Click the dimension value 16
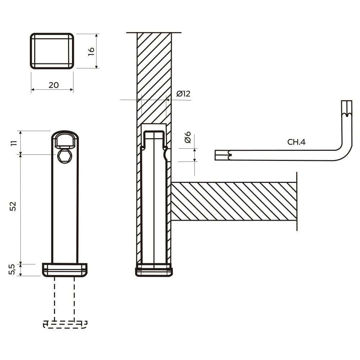[91, 51]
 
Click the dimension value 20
[53, 85]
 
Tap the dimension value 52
[13, 206]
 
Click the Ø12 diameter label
[183, 94]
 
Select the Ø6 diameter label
[187, 138]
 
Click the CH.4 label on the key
[296, 142]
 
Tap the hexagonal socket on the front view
[65, 156]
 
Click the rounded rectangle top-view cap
[52, 51]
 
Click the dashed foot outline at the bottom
[65, 324]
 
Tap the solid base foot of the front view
[65, 269]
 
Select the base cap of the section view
[154, 271]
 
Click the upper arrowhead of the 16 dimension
[96, 36]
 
